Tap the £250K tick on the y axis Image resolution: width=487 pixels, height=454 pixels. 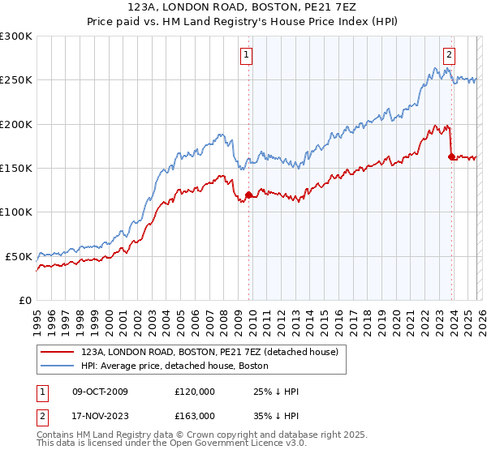(x=16, y=80)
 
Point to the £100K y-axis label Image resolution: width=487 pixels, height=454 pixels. (x=16, y=212)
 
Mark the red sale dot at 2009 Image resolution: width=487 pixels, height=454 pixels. (x=248, y=195)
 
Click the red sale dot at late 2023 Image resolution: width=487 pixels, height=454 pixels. (x=451, y=157)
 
